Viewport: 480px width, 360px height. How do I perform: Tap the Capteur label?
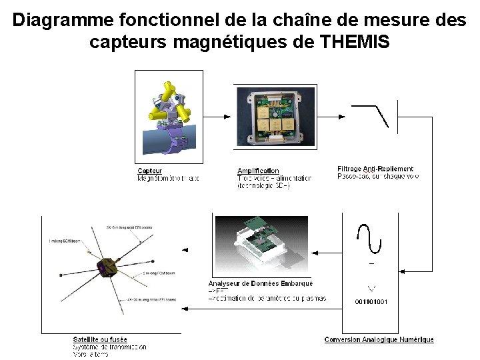coord(150,171)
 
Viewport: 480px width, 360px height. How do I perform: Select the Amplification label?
coord(258,171)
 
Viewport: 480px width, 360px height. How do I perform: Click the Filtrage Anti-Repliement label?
coord(375,169)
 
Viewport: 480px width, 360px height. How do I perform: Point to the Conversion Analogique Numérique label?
coord(379,340)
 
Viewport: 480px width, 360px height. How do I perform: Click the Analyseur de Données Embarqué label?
coord(260,284)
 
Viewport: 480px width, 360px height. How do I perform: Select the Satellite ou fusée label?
coord(100,340)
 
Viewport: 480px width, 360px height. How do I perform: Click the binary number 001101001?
coord(371,302)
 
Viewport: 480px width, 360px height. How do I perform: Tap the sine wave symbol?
coord(369,238)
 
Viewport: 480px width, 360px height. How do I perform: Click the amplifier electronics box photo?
coord(273,117)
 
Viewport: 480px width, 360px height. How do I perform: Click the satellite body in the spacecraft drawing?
coord(107,267)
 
